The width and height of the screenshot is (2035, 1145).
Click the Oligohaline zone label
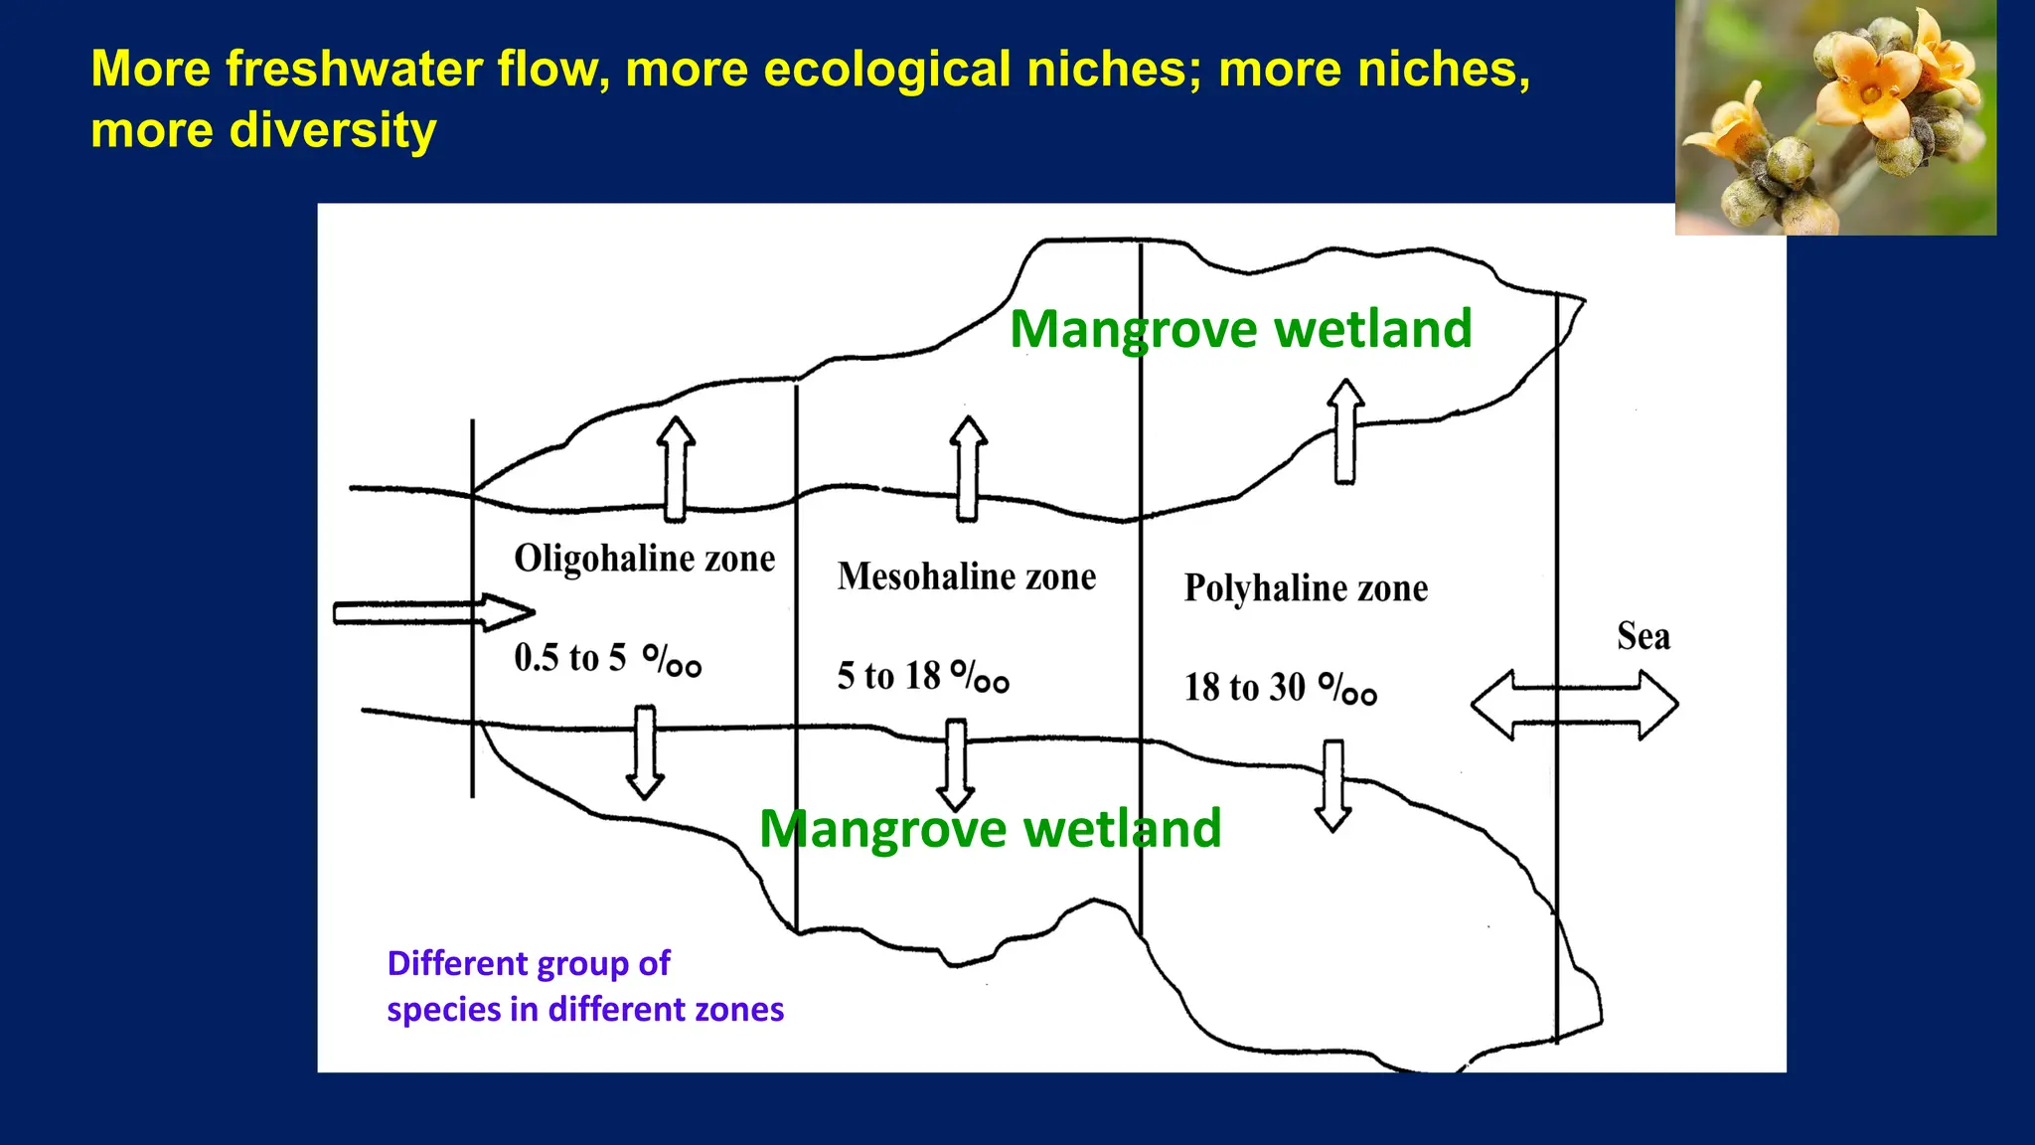click(x=644, y=559)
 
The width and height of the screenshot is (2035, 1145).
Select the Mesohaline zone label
click(x=966, y=576)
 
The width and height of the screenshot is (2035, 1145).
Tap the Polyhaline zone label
click(x=1306, y=588)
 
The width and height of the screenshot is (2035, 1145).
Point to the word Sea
click(x=1643, y=636)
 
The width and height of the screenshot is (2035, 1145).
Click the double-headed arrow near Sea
click(x=1574, y=705)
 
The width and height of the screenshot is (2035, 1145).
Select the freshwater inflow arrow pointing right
click(x=433, y=612)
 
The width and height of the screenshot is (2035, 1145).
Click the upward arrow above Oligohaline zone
click(x=676, y=469)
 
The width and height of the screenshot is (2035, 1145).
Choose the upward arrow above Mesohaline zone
click(x=967, y=468)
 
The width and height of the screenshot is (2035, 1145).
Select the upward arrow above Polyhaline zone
click(x=1345, y=431)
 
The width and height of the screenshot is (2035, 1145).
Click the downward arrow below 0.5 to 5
click(x=645, y=751)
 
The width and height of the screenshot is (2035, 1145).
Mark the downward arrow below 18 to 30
click(x=1333, y=785)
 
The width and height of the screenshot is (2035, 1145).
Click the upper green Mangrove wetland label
click(x=1240, y=329)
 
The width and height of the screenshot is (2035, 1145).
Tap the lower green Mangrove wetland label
click(x=990, y=829)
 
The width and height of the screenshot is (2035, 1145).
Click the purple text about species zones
click(x=584, y=986)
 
